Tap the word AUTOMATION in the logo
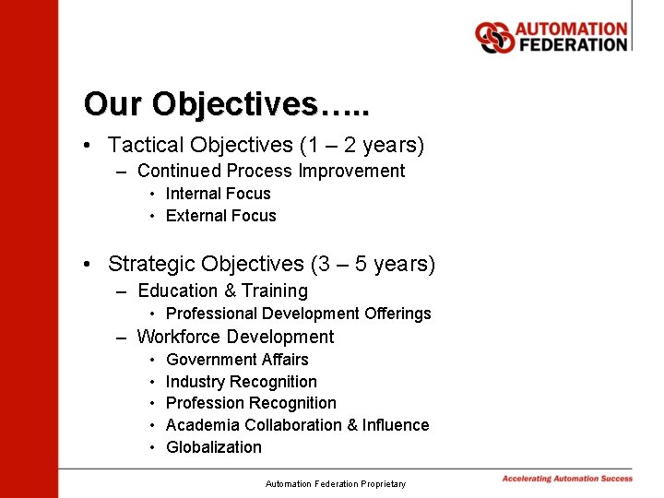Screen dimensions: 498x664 pyautogui.click(x=571, y=29)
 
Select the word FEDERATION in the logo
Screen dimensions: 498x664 pyautogui.click(x=571, y=44)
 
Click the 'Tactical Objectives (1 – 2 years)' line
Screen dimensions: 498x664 pyautogui.click(x=266, y=146)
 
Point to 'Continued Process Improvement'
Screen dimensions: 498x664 pyautogui.click(x=270, y=171)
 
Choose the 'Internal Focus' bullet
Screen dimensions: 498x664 pyautogui.click(x=218, y=194)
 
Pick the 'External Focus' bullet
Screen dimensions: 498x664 pyautogui.click(x=220, y=216)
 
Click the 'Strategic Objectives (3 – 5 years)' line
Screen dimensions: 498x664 pyautogui.click(x=271, y=265)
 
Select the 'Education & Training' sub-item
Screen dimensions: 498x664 pyautogui.click(x=222, y=291)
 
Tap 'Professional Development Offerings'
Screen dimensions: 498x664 pyautogui.click(x=298, y=314)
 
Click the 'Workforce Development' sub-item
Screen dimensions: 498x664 pyautogui.click(x=235, y=337)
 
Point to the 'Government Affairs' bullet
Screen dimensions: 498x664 pyautogui.click(x=237, y=360)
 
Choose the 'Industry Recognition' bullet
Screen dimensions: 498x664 pyautogui.click(x=241, y=382)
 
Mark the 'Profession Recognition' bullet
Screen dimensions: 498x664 pyautogui.click(x=251, y=403)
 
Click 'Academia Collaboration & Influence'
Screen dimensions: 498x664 pyautogui.click(x=297, y=425)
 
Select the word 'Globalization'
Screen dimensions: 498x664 pyautogui.click(x=213, y=447)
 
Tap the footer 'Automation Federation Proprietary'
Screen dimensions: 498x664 pyautogui.click(x=335, y=483)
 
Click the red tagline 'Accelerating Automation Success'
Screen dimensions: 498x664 pyautogui.click(x=567, y=479)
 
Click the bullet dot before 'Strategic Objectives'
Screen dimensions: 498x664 pyautogui.click(x=86, y=266)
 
